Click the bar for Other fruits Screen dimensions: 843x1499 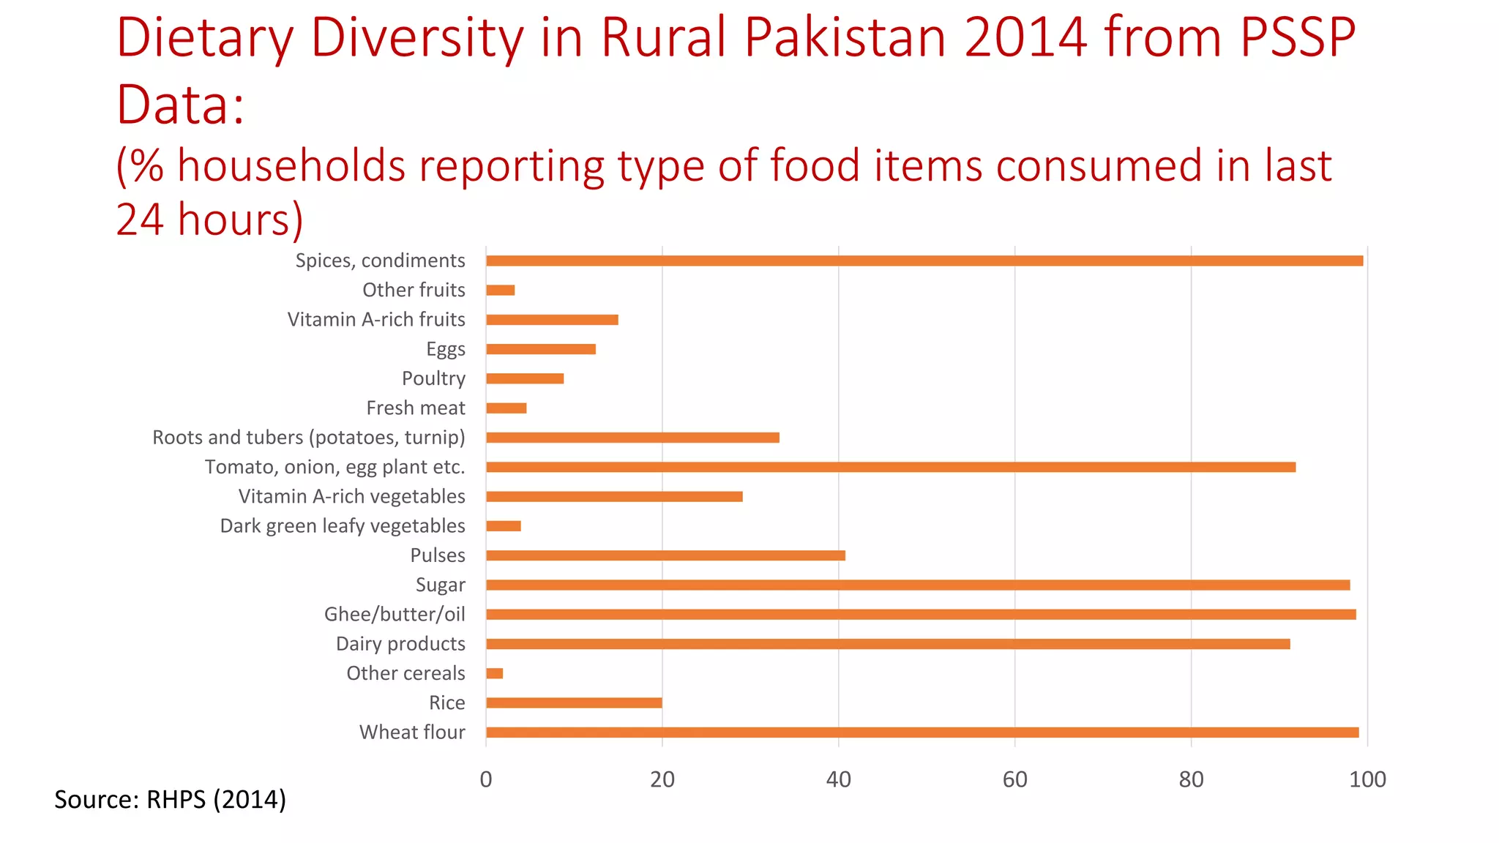[x=501, y=291]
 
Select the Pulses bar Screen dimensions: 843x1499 [x=665, y=555]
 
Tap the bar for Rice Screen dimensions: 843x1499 [x=574, y=702]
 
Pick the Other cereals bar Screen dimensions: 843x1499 [x=495, y=673]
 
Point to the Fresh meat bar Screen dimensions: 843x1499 [x=506, y=408]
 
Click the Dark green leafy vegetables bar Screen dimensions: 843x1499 [x=504, y=526]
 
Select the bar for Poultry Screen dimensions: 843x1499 [x=525, y=378]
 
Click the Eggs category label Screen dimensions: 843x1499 [x=446, y=349]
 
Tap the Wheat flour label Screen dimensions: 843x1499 [x=412, y=732]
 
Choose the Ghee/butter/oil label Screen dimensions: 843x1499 [x=395, y=614]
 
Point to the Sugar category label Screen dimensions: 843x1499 [x=441, y=585]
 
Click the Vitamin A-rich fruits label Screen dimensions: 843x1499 [x=376, y=320]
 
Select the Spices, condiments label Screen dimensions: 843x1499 [x=380, y=261]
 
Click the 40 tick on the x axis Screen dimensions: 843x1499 [x=839, y=779]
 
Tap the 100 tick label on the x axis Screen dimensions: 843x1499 [x=1367, y=779]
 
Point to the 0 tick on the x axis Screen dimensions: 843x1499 [x=486, y=779]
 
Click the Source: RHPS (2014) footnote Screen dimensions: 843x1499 [x=170, y=799]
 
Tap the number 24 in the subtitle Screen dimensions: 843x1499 [x=139, y=220]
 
